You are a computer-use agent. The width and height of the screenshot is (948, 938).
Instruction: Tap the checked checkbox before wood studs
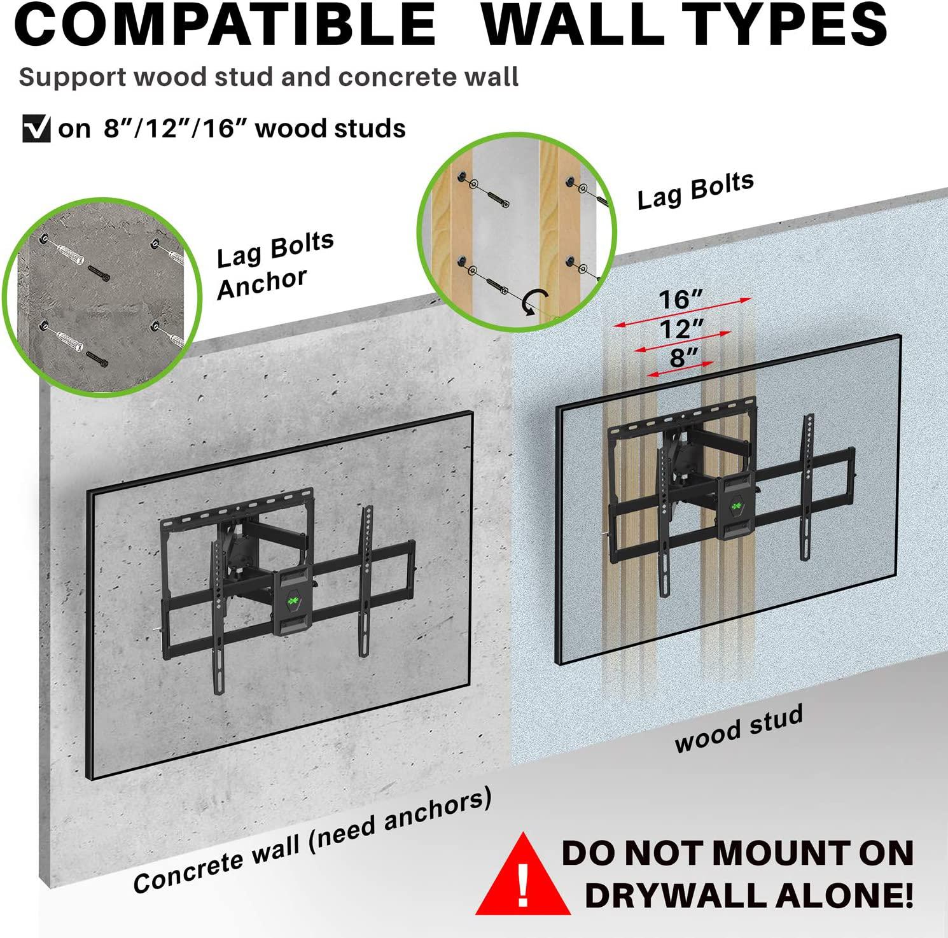(x=36, y=129)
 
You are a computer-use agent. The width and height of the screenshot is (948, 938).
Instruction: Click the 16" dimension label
(x=681, y=299)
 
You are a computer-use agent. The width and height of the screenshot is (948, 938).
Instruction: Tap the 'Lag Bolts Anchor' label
(x=275, y=265)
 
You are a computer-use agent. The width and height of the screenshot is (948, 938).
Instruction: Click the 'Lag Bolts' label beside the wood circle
(x=695, y=190)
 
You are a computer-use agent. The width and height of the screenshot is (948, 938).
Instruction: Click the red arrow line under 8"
(x=680, y=370)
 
